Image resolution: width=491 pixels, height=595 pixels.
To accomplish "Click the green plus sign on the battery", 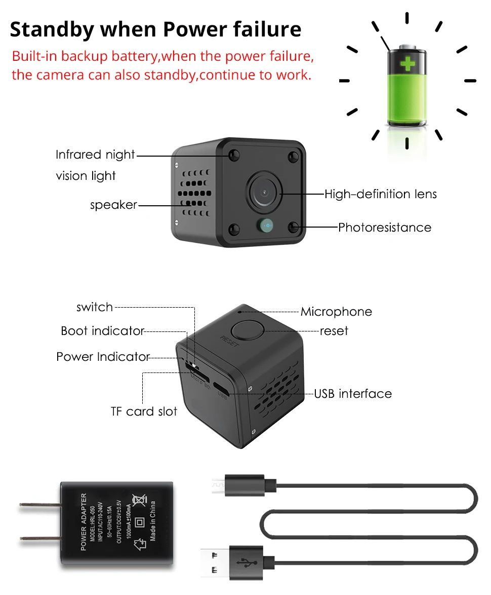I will point(407,64).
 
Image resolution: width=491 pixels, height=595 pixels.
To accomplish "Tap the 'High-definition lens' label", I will point(380,194).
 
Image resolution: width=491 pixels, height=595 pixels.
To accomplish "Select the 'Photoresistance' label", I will point(385,228).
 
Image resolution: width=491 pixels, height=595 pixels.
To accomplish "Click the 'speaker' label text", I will point(113,205).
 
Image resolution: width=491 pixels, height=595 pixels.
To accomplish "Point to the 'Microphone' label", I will point(336,312).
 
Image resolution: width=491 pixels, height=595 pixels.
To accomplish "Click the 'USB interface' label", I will point(353,394).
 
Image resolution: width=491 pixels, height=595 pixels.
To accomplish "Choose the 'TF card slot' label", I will point(144,411).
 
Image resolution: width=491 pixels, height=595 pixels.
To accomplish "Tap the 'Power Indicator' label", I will point(103,357).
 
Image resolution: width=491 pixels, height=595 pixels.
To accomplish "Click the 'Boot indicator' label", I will point(102,331).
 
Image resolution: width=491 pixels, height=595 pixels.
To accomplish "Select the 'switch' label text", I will point(95,307).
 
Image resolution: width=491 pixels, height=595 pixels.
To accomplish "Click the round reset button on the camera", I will point(250,330).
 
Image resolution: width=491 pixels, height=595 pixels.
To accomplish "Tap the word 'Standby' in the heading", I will point(52,29).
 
